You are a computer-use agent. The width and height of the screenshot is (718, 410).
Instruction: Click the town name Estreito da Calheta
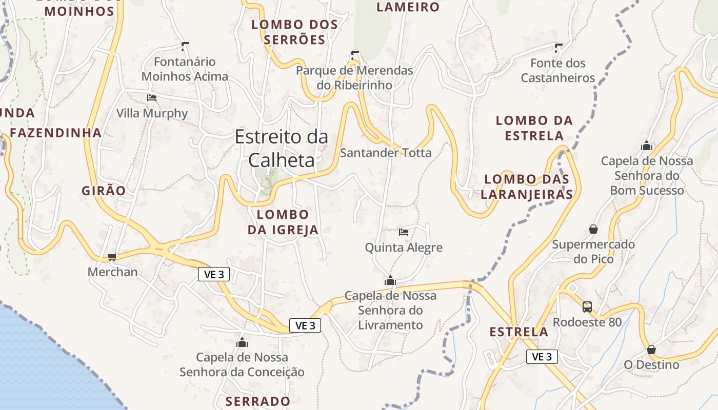[x=281, y=149]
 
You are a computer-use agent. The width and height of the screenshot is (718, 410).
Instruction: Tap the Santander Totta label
[x=386, y=153]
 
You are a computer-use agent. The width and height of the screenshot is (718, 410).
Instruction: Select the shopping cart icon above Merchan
[x=112, y=257]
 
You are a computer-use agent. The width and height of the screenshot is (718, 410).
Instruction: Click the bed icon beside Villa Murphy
[x=151, y=97]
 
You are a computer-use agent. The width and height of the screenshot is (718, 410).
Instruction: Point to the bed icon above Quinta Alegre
[x=404, y=232]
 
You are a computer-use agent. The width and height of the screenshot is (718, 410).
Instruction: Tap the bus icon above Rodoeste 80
[x=587, y=307]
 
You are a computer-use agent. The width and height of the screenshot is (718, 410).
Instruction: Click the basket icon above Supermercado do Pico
[x=593, y=229]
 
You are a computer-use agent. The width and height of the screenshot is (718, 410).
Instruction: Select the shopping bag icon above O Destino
[x=651, y=350]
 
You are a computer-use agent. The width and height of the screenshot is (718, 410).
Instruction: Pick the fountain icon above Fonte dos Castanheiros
[x=559, y=48]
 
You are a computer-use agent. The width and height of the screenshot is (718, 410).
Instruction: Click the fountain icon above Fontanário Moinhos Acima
[x=185, y=46]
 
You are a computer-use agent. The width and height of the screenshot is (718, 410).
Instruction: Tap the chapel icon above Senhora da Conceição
[x=242, y=342]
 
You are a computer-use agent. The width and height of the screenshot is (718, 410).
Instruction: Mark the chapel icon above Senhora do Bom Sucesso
[x=647, y=146]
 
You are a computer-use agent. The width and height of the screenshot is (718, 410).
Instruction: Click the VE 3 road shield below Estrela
[x=542, y=357]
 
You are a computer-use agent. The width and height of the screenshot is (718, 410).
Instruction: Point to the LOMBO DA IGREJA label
[x=283, y=222]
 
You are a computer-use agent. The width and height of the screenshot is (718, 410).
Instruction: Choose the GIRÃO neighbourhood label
[x=104, y=191]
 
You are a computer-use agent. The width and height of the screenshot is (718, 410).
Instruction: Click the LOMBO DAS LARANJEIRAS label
[x=527, y=187]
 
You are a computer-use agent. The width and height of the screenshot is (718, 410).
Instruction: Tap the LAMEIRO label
[x=408, y=7]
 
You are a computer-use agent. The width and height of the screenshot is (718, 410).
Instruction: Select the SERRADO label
[x=258, y=401]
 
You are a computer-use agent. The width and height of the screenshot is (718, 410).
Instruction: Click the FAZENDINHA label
[x=56, y=133]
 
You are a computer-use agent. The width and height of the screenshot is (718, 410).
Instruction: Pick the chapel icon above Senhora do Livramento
[x=390, y=281]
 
